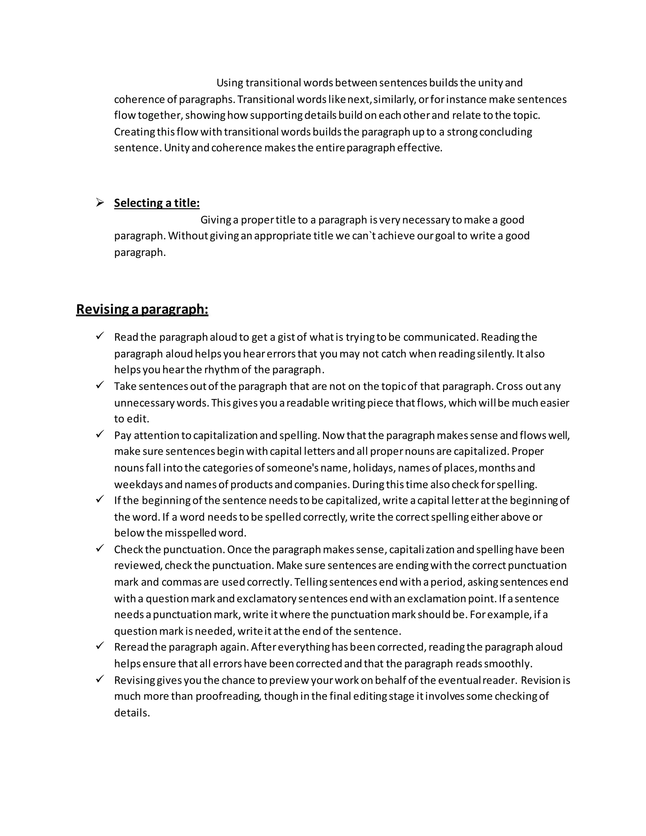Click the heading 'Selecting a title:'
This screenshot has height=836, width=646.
(156, 203)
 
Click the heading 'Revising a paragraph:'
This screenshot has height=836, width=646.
(142, 309)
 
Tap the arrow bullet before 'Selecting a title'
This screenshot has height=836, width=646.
(100, 203)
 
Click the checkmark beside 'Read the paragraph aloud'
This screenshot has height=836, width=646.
(100, 336)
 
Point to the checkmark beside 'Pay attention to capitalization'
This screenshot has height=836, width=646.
(100, 434)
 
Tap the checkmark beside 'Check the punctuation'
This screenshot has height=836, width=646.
(100, 548)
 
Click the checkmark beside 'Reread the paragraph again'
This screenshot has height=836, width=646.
(100, 646)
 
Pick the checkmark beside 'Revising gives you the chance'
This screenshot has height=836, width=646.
(100, 679)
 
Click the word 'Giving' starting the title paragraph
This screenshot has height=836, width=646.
(216, 220)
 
